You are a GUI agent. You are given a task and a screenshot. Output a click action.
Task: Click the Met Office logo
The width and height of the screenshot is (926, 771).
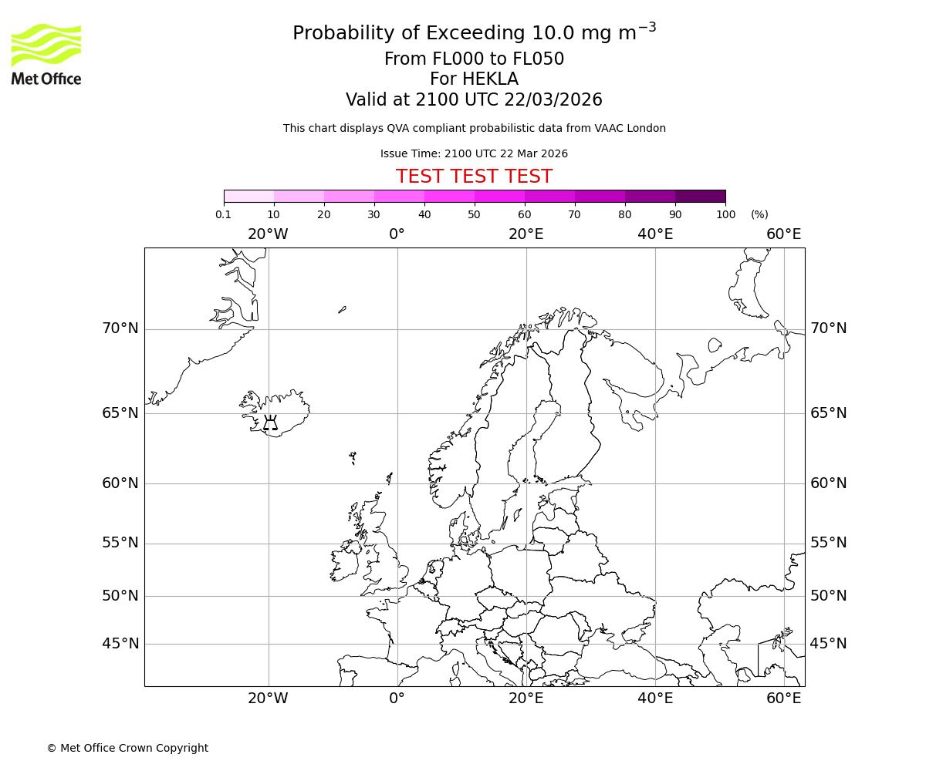46,54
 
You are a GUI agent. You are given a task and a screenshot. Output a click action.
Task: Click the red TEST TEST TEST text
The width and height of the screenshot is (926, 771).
474,177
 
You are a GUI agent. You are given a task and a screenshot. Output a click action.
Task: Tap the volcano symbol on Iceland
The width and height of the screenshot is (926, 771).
270,423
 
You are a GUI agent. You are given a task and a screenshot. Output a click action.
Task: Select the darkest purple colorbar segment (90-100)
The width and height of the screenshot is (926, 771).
700,196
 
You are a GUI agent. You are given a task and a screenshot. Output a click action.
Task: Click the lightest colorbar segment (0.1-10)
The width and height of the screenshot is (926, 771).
248,196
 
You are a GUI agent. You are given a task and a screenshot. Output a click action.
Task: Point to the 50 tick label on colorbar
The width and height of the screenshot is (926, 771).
474,215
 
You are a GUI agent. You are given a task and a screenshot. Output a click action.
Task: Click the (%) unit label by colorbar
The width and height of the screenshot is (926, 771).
759,215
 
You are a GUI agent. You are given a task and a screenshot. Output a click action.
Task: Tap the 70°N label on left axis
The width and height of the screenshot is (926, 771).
120,328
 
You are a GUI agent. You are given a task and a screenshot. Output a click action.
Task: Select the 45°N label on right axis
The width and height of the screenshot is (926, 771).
828,644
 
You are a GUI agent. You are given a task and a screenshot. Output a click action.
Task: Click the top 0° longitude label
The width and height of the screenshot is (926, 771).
397,234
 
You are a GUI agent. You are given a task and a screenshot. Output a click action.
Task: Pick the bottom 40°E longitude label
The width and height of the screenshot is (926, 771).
655,699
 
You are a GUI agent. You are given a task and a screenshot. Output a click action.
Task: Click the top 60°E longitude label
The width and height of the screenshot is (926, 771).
783,234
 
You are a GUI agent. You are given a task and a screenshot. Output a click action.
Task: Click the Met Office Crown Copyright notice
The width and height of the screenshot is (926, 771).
127,748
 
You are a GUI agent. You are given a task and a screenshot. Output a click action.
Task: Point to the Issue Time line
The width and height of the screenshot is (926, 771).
474,154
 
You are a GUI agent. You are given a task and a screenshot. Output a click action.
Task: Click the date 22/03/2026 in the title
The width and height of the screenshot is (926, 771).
553,100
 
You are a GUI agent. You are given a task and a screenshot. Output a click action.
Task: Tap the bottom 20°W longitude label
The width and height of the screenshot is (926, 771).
268,699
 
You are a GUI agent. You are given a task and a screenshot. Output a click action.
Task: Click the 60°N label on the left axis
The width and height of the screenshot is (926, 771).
120,483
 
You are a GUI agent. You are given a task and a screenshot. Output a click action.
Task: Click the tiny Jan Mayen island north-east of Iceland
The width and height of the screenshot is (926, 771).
342,309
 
